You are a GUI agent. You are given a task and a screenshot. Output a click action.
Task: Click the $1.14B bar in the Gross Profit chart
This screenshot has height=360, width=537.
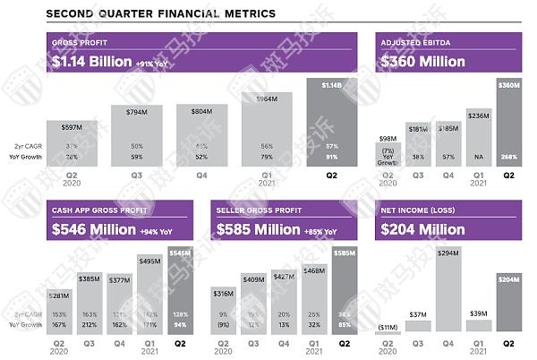330,116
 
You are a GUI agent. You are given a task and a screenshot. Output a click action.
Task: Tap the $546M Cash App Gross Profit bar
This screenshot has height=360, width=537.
178,287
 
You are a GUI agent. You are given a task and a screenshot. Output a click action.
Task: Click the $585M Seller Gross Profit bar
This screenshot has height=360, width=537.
345,287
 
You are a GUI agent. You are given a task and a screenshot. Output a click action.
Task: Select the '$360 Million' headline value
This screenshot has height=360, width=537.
422,62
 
